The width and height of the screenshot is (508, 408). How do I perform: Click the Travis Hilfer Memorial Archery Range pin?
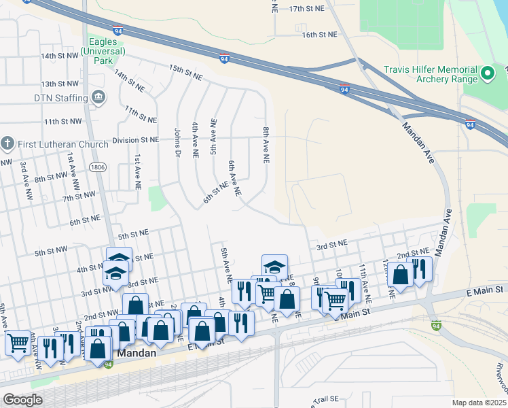point(486,73)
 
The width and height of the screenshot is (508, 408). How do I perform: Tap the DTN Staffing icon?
point(98,98)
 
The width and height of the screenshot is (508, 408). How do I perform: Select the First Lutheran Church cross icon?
point(7,144)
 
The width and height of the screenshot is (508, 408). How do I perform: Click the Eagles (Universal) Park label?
point(103,46)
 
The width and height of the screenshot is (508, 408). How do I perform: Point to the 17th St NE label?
point(307,9)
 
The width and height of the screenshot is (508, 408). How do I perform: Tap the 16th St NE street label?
point(319,34)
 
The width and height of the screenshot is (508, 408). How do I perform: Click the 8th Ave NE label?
point(266,144)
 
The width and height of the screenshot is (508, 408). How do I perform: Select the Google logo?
point(22,400)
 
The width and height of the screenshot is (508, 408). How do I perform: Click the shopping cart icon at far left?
point(17,342)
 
